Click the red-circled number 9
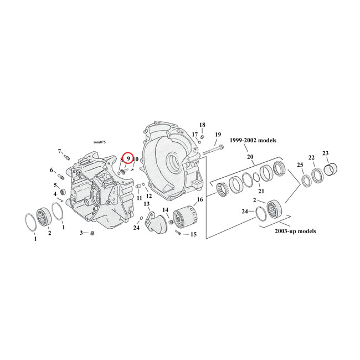pyautogui.click(x=128, y=158)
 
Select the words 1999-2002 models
pyautogui.click(x=251, y=141)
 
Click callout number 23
pyautogui.click(x=326, y=153)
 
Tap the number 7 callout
pyautogui.click(x=59, y=151)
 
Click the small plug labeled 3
pyautogui.click(x=92, y=233)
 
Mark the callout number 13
pyautogui.click(x=147, y=205)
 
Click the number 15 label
pyautogui.click(x=193, y=234)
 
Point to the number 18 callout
pyautogui.click(x=202, y=125)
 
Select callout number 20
pyautogui.click(x=250, y=157)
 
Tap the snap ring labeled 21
pyautogui.click(x=256, y=178)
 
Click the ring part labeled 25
pyautogui.click(x=306, y=181)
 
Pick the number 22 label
pyautogui.click(x=312, y=158)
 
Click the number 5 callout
pyautogui.click(x=56, y=185)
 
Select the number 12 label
pyautogui.click(x=149, y=196)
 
